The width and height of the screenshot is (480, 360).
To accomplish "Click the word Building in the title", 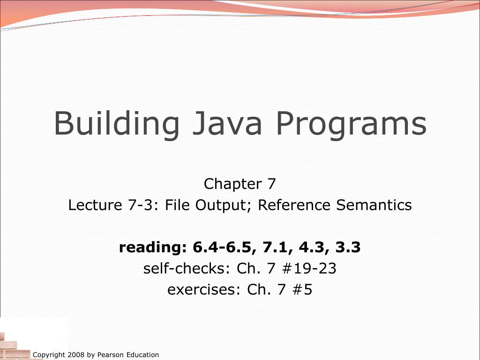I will (117, 124).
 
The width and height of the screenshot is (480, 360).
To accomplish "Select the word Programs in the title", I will (351, 124).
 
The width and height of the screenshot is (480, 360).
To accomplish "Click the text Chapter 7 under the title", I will (240, 184).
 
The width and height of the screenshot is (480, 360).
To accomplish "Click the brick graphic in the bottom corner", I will (14, 345).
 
